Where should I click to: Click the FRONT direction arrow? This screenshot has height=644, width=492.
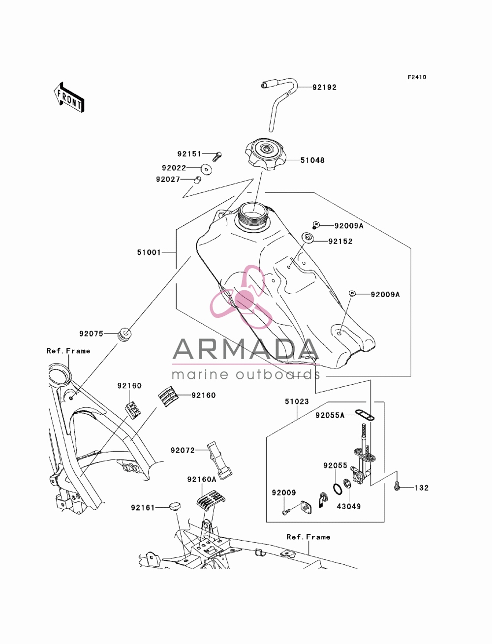click(x=69, y=98)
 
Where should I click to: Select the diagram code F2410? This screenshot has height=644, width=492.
click(x=417, y=77)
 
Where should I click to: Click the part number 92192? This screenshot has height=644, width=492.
click(x=324, y=88)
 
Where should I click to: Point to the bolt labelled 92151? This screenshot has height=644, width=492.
click(x=217, y=156)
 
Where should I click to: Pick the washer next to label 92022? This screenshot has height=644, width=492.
click(x=207, y=170)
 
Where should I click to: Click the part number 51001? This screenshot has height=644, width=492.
click(x=149, y=252)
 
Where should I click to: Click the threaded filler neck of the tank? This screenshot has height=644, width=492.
click(x=253, y=215)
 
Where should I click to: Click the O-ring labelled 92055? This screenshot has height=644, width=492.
click(x=337, y=489)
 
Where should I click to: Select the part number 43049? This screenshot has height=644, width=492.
click(x=348, y=506)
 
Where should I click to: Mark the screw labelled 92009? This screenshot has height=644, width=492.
click(x=286, y=512)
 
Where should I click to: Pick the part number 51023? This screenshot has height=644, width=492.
click(x=297, y=401)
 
